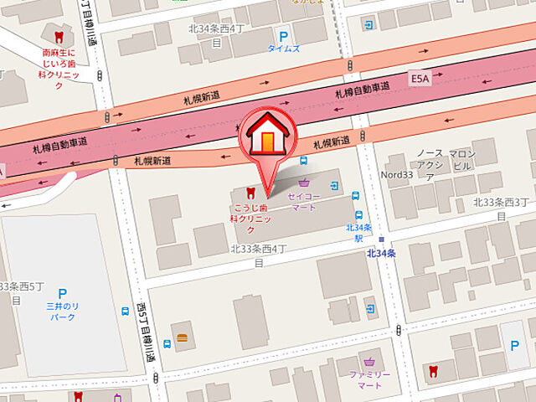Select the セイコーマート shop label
coord(301,201)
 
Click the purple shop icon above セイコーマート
coord(303,183)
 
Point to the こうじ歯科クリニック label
coord(250,218)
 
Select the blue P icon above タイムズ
coord(284,37)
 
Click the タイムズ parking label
coord(283,49)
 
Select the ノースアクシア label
coord(429,165)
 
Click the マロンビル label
coord(461,160)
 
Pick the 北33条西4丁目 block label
coord(259,255)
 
